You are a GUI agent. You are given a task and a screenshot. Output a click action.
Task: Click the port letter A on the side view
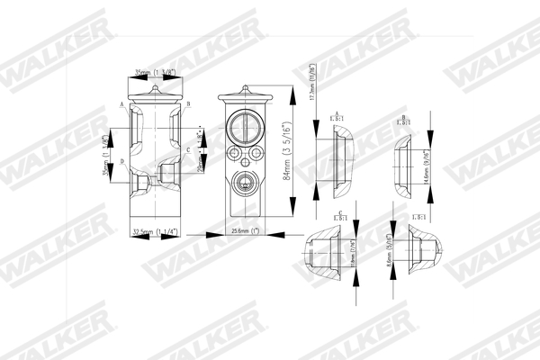121,105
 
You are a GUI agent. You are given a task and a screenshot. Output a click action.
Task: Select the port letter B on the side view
190,105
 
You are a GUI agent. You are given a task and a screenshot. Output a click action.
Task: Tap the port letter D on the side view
121,162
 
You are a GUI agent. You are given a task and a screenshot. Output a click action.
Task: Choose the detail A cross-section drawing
342,158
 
